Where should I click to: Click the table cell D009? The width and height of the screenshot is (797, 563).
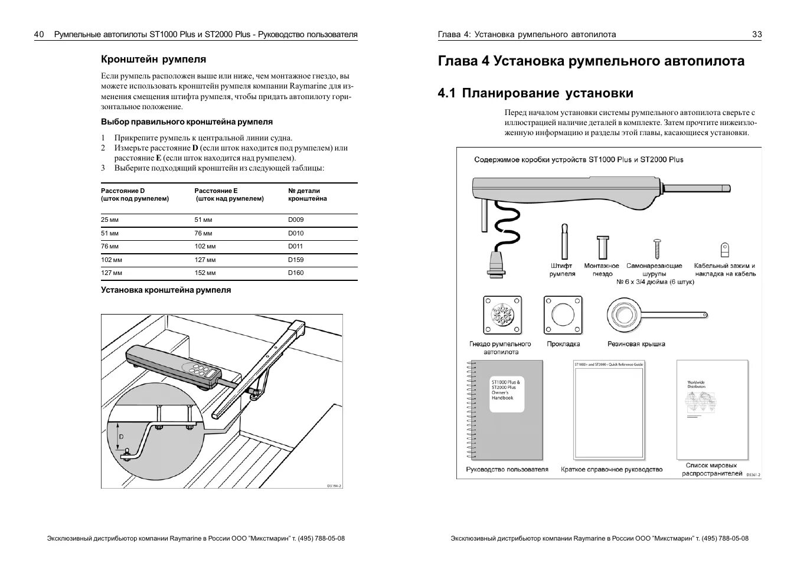pos(296,220)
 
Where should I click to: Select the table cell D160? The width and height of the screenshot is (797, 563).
pos(296,273)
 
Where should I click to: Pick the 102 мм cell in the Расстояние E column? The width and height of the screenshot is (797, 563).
pos(205,247)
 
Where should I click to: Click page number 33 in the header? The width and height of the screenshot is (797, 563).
pos(757,34)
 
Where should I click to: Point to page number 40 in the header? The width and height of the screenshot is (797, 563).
pos(39,34)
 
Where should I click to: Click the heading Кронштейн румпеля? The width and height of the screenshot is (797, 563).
pos(153,59)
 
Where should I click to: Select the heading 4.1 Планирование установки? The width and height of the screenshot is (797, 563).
pos(535,93)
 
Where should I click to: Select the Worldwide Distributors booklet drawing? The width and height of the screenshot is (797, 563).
pos(712,409)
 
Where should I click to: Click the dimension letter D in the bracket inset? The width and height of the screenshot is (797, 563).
pos(121,436)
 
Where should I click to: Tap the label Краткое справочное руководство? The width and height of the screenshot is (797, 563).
pos(612,470)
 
